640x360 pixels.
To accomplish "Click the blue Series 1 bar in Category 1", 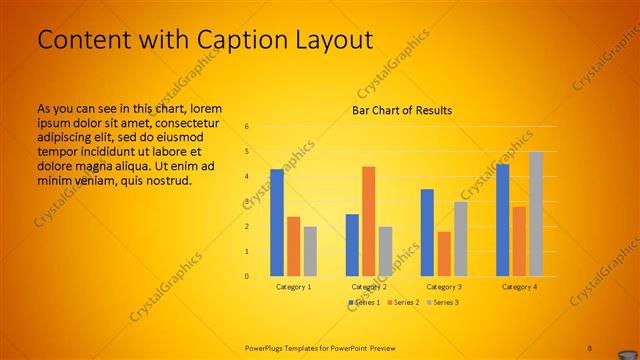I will coord(277,223).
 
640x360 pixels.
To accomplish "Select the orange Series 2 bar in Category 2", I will coord(368,221).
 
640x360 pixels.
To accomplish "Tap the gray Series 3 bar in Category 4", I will coord(536,214).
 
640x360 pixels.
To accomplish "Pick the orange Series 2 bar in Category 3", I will coord(444,254).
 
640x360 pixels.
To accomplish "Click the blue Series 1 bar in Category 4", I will coord(502,220).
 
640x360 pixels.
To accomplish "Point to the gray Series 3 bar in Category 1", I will coord(310,251).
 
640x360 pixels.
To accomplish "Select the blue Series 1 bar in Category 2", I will coord(352,245).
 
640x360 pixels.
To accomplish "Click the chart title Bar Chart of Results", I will coord(402,110).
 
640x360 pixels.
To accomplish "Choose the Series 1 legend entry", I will coord(365,302).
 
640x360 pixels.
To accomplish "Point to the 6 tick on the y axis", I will coord(246,127).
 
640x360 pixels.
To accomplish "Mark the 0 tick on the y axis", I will coord(246,276).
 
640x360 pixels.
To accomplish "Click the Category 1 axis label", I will coord(293,286).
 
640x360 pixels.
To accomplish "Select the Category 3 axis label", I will coord(444,286).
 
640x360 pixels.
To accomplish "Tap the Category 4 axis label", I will coord(519,286).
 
